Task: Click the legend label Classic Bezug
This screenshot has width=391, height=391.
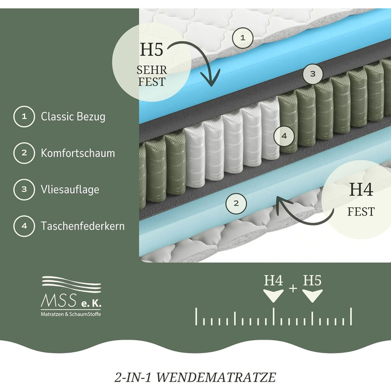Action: coord(73,117)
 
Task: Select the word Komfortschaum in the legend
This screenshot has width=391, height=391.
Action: coord(78,153)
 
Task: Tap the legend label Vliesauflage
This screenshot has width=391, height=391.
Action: coord(70,189)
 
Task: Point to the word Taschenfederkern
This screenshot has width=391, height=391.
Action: coord(83,226)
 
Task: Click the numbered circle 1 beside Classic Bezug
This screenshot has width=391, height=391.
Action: coord(24,117)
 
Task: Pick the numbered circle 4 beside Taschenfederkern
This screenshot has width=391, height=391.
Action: coord(24,226)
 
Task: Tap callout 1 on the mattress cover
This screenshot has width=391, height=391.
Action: coord(242,38)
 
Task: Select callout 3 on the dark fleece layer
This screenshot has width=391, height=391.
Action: coord(313,73)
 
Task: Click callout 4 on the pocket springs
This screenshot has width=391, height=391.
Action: coord(284,135)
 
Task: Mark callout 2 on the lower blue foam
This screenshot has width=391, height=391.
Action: coord(236,203)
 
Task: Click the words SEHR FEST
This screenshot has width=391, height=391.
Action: coord(151,76)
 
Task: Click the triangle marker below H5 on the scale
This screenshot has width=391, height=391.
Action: coord(312,297)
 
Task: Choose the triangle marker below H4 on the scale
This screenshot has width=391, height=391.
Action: coord(273,297)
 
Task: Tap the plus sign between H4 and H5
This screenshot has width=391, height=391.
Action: coord(293,288)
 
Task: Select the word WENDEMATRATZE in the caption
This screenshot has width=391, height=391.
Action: coord(233,377)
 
